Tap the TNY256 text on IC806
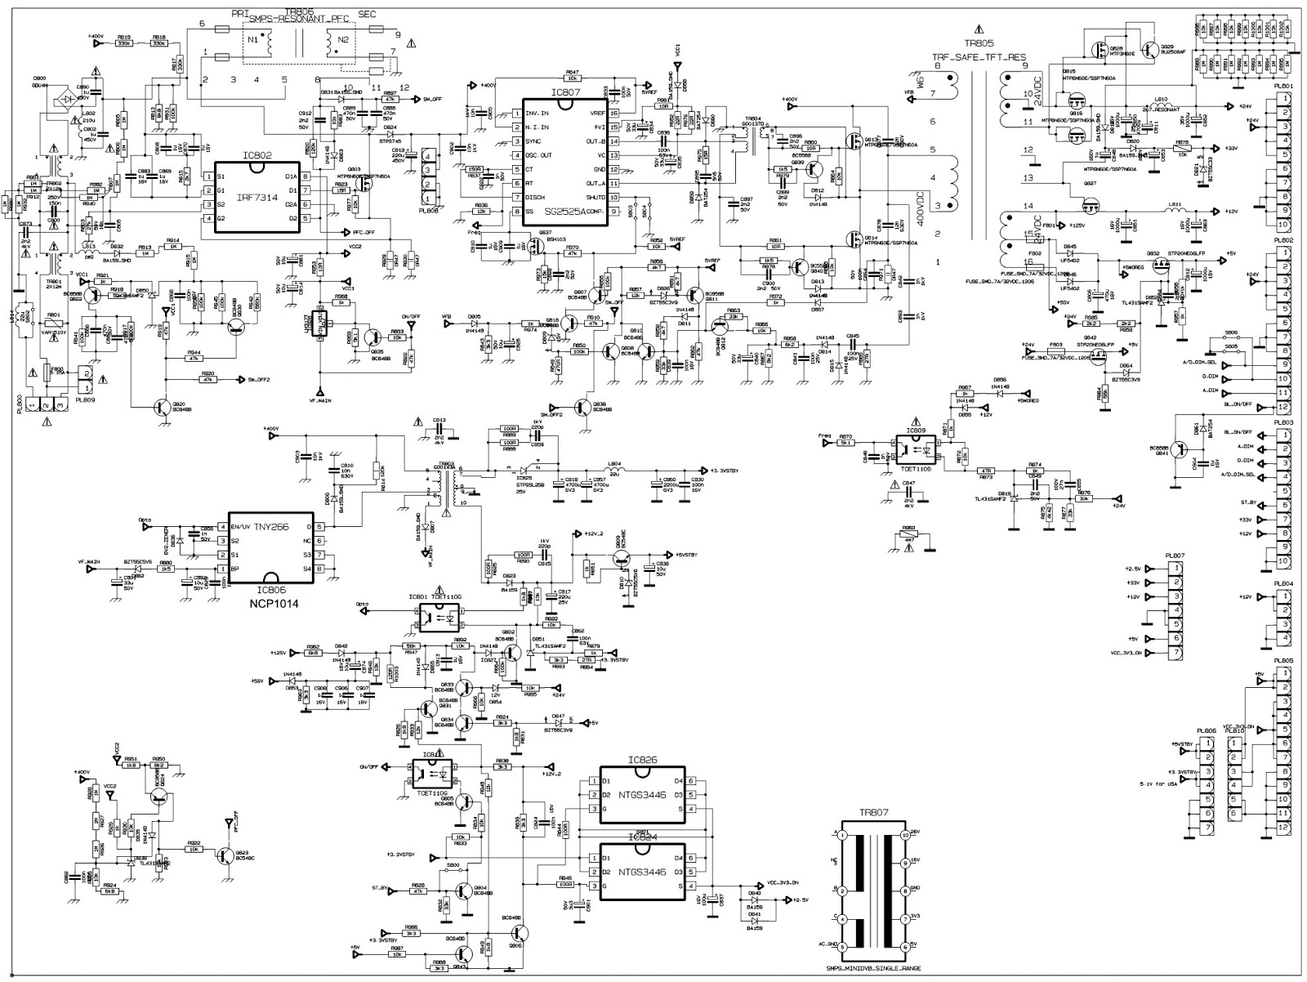point(273,527)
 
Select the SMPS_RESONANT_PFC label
point(300,17)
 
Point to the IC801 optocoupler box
point(439,618)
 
